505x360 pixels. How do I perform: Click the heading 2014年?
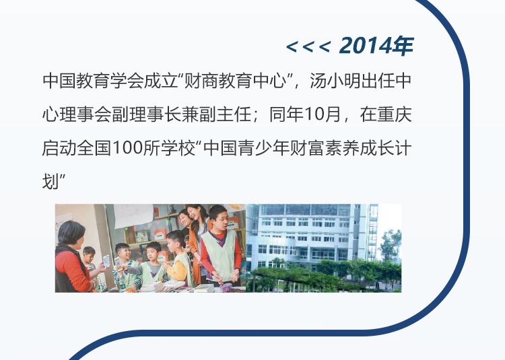pyautogui.click(x=376, y=46)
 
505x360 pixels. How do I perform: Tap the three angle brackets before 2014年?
pyautogui.click(x=308, y=47)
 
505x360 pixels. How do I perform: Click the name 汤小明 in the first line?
pyautogui.click(x=335, y=81)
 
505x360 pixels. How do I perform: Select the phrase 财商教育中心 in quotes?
pyautogui.click(x=236, y=81)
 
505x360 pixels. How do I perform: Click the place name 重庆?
pyautogui.click(x=395, y=114)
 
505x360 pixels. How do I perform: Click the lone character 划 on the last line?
pyautogui.click(x=50, y=182)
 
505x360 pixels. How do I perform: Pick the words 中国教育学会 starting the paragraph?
pyautogui.click(x=93, y=81)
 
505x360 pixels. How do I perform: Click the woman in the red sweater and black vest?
pyautogui.click(x=72, y=257)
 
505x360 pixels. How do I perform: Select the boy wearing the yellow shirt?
pyautogui.click(x=178, y=257)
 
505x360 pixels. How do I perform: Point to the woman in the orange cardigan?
pyautogui.click(x=197, y=238)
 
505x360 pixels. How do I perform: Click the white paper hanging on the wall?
pyautogui.click(x=133, y=215)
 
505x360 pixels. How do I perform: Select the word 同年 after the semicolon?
pyautogui.click(x=286, y=114)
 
